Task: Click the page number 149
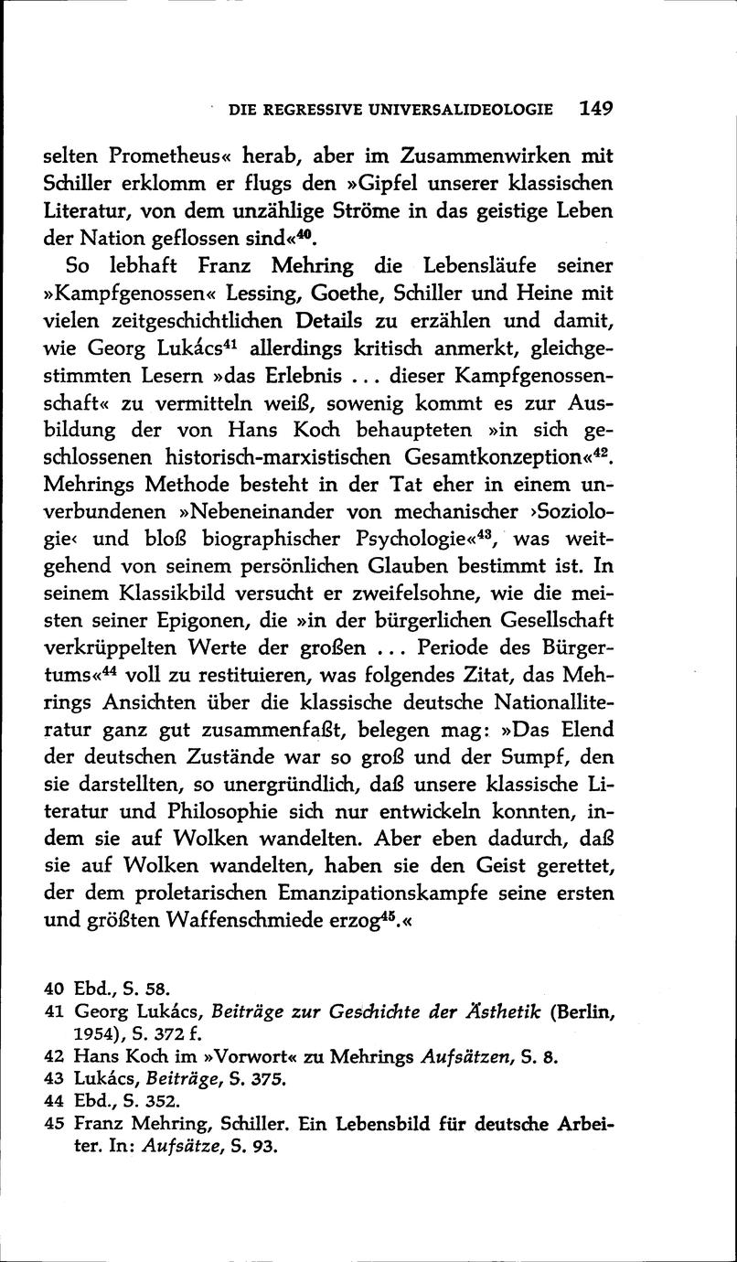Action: click(595, 108)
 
